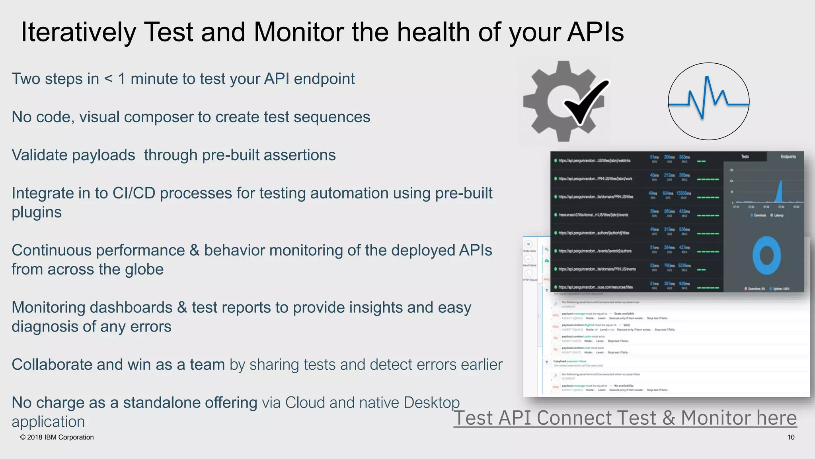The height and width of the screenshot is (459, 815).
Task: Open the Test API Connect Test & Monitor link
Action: click(x=625, y=418)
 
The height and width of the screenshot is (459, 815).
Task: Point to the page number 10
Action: click(x=791, y=437)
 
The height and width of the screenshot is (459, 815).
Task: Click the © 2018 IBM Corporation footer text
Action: click(x=57, y=437)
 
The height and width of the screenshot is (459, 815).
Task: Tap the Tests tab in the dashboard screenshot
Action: click(x=745, y=157)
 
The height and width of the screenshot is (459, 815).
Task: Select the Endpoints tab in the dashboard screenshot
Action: click(x=788, y=157)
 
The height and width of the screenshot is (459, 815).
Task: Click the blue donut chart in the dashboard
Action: click(x=766, y=255)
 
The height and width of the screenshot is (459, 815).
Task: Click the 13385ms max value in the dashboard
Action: click(x=684, y=193)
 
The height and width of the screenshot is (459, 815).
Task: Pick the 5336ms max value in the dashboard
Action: click(x=684, y=266)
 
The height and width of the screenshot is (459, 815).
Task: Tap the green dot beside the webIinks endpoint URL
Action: click(x=556, y=161)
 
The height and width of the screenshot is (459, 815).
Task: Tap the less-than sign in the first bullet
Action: click(x=108, y=79)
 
